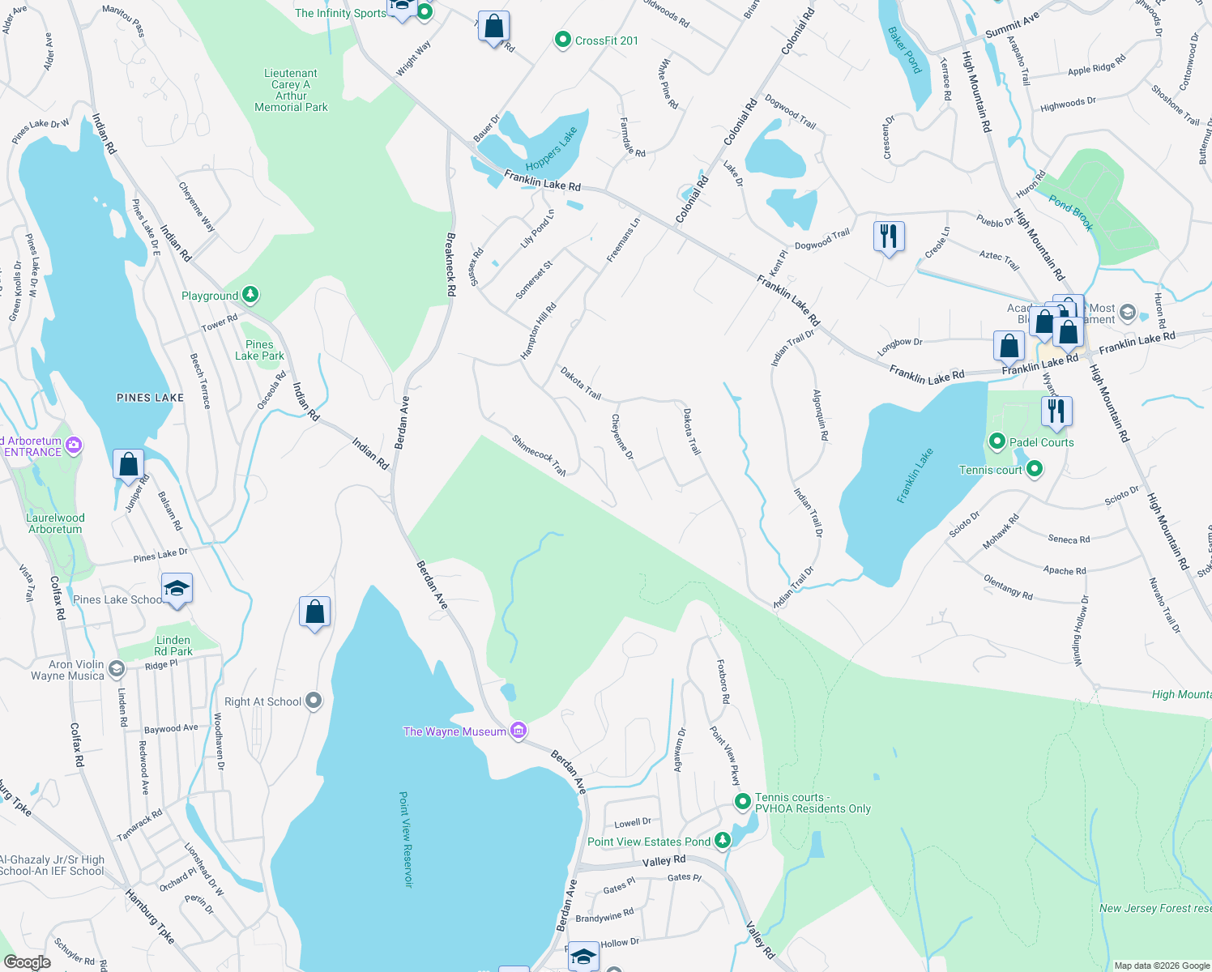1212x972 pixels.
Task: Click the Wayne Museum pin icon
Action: (x=519, y=731)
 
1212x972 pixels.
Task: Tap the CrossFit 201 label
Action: (x=606, y=40)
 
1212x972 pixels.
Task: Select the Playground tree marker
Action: (x=250, y=295)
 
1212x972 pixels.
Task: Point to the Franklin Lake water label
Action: (x=915, y=475)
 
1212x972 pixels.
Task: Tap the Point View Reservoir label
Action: (x=405, y=839)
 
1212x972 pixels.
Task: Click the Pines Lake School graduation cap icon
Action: (x=177, y=588)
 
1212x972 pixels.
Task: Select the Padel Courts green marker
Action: (x=996, y=441)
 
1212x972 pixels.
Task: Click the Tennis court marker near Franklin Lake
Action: (x=1034, y=470)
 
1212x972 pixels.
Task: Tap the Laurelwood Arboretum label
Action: (x=55, y=523)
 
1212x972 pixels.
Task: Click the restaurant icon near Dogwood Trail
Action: (x=889, y=237)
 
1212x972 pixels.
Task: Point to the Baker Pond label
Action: (x=905, y=50)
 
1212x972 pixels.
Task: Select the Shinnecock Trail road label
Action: (x=539, y=455)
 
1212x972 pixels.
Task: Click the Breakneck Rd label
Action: (x=451, y=264)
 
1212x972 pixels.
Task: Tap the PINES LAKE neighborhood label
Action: (x=150, y=398)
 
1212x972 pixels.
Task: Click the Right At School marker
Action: (x=314, y=701)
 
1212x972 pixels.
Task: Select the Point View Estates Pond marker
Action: (x=721, y=841)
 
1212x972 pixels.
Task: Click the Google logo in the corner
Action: (x=27, y=962)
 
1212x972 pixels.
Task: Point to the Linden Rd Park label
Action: (x=173, y=646)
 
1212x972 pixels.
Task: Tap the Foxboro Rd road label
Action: (x=723, y=681)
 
